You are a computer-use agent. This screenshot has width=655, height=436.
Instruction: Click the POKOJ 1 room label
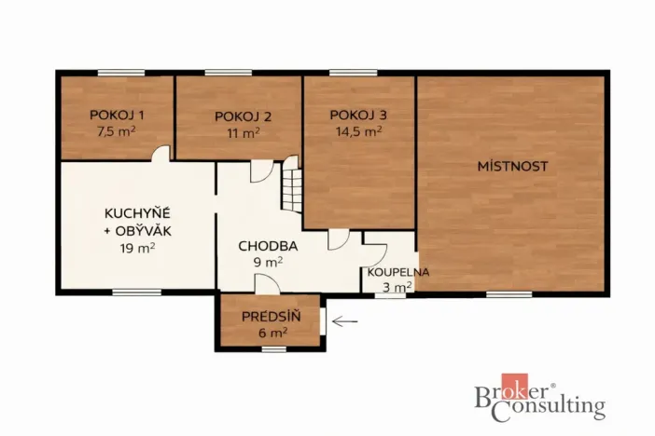pos(117,115)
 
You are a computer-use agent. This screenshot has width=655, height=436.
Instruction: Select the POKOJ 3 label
pos(358,115)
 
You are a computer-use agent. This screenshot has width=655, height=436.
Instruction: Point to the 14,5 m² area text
pos(358,131)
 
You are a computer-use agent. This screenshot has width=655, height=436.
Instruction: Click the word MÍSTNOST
pos(512,166)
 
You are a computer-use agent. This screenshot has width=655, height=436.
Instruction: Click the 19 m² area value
pos(137,248)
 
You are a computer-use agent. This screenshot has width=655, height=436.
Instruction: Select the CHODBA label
pos(268,247)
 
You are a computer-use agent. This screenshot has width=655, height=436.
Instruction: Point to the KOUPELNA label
pos(397,272)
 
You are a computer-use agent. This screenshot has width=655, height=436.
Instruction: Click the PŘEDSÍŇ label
pos(271,316)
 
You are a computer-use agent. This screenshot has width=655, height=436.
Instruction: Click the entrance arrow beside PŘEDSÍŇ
pos(344,322)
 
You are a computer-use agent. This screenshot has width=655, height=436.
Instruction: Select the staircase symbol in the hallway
pos(292,185)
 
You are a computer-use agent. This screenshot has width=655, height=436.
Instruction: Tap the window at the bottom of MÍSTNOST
pos(509,293)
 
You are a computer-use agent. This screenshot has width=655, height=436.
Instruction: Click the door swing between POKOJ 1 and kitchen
pos(161,154)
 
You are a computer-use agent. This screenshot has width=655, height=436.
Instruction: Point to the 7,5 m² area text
pos(117,131)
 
